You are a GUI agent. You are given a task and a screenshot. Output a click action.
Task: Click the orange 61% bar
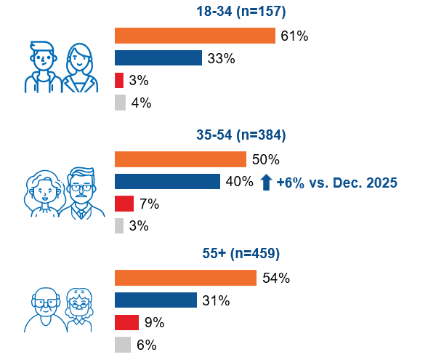(x=195, y=36)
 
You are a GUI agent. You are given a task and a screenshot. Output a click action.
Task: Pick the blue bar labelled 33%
(x=158, y=58)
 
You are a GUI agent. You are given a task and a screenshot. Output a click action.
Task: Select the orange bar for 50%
(x=180, y=159)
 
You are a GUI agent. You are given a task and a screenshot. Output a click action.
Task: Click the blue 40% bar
(x=167, y=181)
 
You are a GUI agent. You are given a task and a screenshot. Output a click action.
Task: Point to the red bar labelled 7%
(x=124, y=204)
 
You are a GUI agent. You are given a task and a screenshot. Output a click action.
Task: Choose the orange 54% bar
(x=185, y=278)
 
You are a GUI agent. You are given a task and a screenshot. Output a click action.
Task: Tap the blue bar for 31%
(x=156, y=300)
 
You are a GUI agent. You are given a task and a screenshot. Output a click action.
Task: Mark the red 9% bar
(x=126, y=322)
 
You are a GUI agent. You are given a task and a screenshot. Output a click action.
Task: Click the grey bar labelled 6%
(x=122, y=345)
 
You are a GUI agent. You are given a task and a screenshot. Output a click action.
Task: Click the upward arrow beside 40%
(x=266, y=182)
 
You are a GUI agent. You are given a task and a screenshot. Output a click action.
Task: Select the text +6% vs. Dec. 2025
(x=336, y=182)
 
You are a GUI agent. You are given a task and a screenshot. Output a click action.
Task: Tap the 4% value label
(x=141, y=103)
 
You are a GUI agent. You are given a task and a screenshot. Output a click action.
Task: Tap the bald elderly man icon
(x=46, y=308)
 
